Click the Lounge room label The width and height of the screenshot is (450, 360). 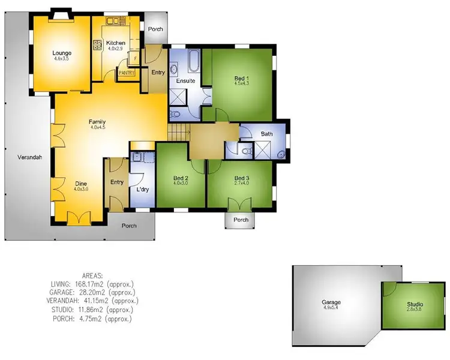tap(62, 53)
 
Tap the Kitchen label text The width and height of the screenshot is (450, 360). tap(115, 43)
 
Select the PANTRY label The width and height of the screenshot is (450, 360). tap(127, 73)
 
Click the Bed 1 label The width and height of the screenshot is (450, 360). tap(242, 78)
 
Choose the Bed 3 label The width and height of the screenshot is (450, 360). tap(241, 178)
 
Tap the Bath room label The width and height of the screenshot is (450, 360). tap(267, 134)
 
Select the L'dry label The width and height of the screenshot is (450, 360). tap(143, 190)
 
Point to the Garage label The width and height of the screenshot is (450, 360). tap(331, 302)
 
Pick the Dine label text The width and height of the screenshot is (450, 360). tap(81, 184)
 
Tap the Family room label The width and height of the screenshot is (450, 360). tap(98, 121)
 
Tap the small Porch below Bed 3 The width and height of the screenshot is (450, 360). tap(241, 220)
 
